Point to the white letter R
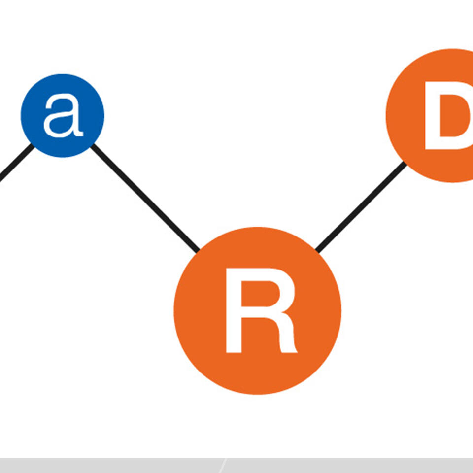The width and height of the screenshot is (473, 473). [260, 310]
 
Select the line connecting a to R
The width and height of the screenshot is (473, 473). [145, 197]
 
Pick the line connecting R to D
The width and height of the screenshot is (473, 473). [361, 207]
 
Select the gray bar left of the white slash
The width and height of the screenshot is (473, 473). [108, 466]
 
